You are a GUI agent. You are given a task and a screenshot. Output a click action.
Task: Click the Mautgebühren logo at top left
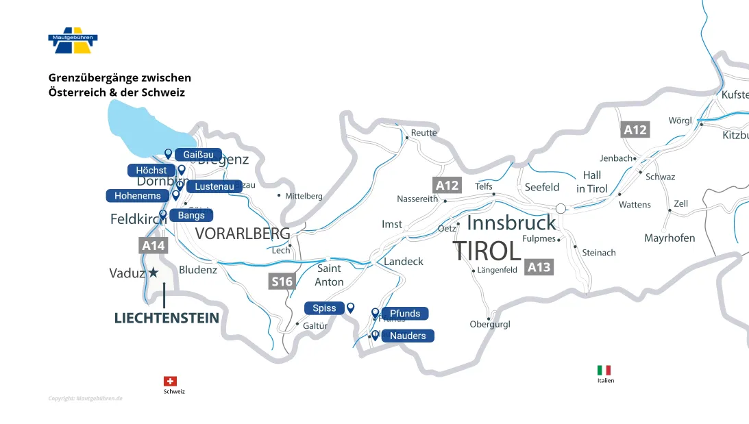(x=73, y=42)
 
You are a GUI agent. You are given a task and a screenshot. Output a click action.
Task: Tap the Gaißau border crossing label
(x=198, y=155)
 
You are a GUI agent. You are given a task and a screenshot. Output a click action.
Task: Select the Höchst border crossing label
(x=151, y=171)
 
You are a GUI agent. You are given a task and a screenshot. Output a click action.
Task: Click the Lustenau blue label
(x=214, y=186)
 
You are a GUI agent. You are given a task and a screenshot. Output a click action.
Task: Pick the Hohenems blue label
(x=137, y=196)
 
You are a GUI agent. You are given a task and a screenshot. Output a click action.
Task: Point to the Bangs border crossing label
(x=191, y=215)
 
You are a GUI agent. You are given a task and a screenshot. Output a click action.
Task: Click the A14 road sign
(x=153, y=245)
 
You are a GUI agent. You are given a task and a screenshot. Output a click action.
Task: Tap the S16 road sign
(x=282, y=282)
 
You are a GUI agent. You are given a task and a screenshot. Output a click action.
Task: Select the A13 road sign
(x=539, y=267)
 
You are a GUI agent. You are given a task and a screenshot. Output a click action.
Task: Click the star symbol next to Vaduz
(x=154, y=273)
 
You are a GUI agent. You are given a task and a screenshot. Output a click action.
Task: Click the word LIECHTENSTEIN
(x=167, y=318)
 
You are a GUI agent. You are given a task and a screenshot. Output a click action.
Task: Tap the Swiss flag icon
(x=170, y=381)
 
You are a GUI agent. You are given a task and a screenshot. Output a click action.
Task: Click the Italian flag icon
(x=604, y=370)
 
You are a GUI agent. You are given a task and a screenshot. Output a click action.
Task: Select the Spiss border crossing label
(x=324, y=308)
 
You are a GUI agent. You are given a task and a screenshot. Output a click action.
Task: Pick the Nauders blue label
(x=408, y=336)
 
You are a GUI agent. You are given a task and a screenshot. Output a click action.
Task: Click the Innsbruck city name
(x=511, y=223)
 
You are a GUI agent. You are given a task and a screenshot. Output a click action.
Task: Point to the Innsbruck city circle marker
(x=561, y=208)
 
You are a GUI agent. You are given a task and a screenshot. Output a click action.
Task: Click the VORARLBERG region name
(x=243, y=234)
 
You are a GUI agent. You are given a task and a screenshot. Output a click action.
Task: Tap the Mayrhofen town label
(x=670, y=238)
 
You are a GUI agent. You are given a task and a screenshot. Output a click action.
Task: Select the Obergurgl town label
(x=490, y=324)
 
